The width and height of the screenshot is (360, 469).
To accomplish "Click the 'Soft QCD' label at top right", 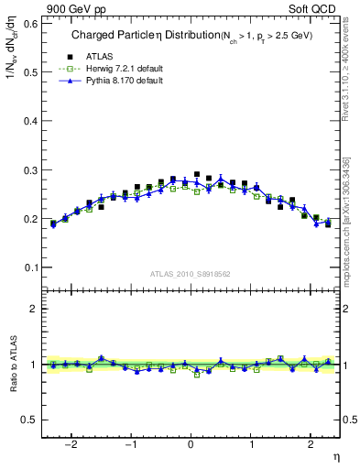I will point(315,9).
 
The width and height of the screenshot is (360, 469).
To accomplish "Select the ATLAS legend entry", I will point(95,57).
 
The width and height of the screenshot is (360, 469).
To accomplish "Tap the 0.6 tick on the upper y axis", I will point(32,24).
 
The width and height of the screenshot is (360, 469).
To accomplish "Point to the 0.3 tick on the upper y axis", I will point(32,170).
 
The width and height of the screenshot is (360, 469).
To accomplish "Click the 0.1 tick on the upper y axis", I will point(32,267).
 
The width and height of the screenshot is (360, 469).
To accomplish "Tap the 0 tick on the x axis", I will point(191,446).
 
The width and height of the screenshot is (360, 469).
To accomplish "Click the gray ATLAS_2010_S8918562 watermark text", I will point(191,273).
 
